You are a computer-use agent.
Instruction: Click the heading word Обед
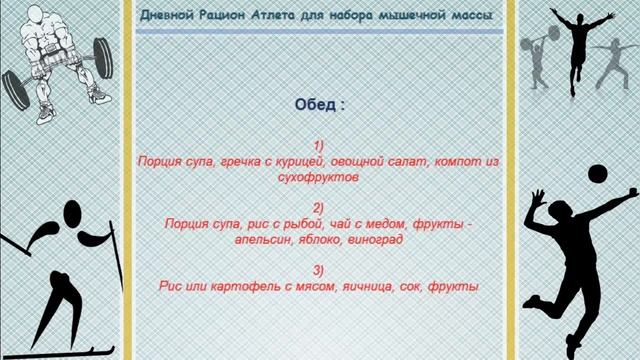coord(316,104)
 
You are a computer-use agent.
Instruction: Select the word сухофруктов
coord(319,176)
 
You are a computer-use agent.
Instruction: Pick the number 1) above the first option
coord(319,145)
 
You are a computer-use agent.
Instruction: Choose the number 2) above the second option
coord(319,208)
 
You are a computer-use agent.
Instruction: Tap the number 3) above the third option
coord(319,270)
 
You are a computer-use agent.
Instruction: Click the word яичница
coord(349,286)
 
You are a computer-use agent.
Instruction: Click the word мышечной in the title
coord(406,17)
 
